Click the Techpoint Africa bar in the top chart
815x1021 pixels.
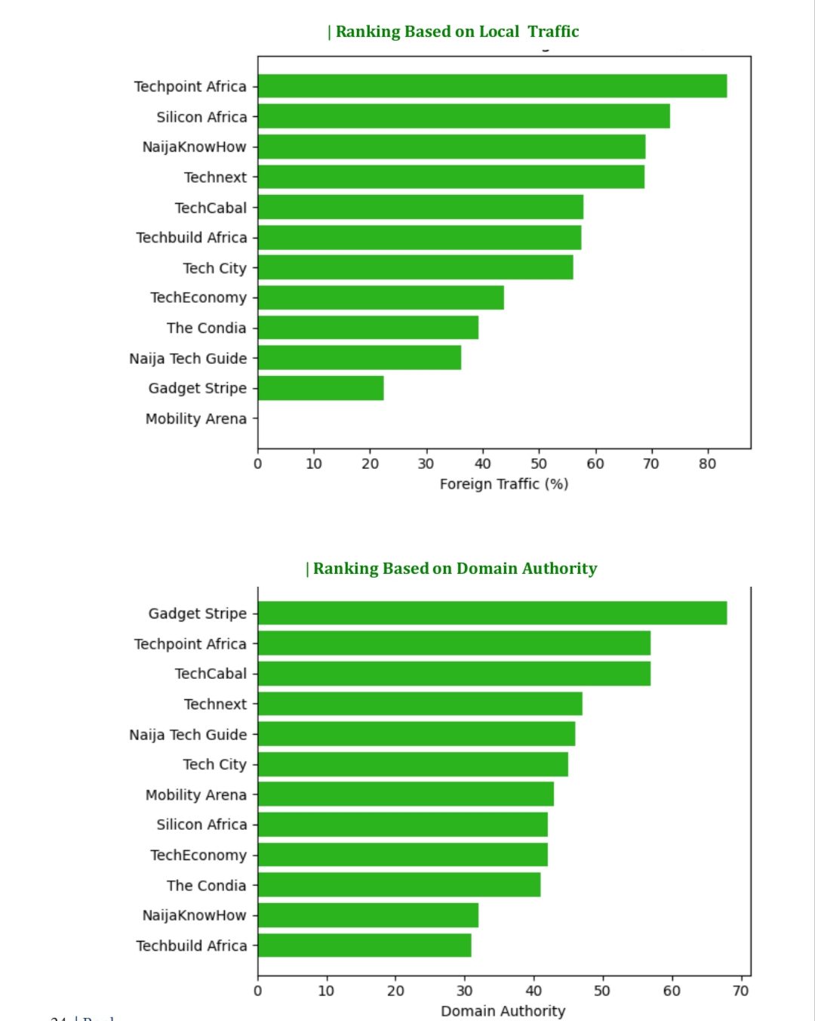pos(492,86)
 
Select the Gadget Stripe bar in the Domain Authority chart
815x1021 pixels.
pos(492,613)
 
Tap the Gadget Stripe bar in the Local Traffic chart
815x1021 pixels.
pos(321,388)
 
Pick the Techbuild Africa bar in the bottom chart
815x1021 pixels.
pos(364,945)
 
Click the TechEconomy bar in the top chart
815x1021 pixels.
pos(381,298)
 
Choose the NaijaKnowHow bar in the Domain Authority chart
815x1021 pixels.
pos(368,915)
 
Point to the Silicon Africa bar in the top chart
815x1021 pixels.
pos(463,116)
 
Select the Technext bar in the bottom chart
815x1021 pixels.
pos(420,704)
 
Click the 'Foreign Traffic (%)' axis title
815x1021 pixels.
pos(503,484)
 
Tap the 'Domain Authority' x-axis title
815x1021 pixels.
pos(503,1011)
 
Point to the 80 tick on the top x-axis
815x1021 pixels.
pos(707,464)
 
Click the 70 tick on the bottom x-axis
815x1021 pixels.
pos(741,991)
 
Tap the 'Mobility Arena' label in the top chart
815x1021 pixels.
pos(196,418)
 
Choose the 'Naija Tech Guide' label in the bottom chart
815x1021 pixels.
pos(188,735)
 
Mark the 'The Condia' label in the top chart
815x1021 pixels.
pos(207,328)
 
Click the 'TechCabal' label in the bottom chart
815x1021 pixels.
pos(211,674)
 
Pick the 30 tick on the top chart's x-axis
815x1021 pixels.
pos(426,464)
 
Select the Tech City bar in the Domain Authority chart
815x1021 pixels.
pos(413,764)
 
